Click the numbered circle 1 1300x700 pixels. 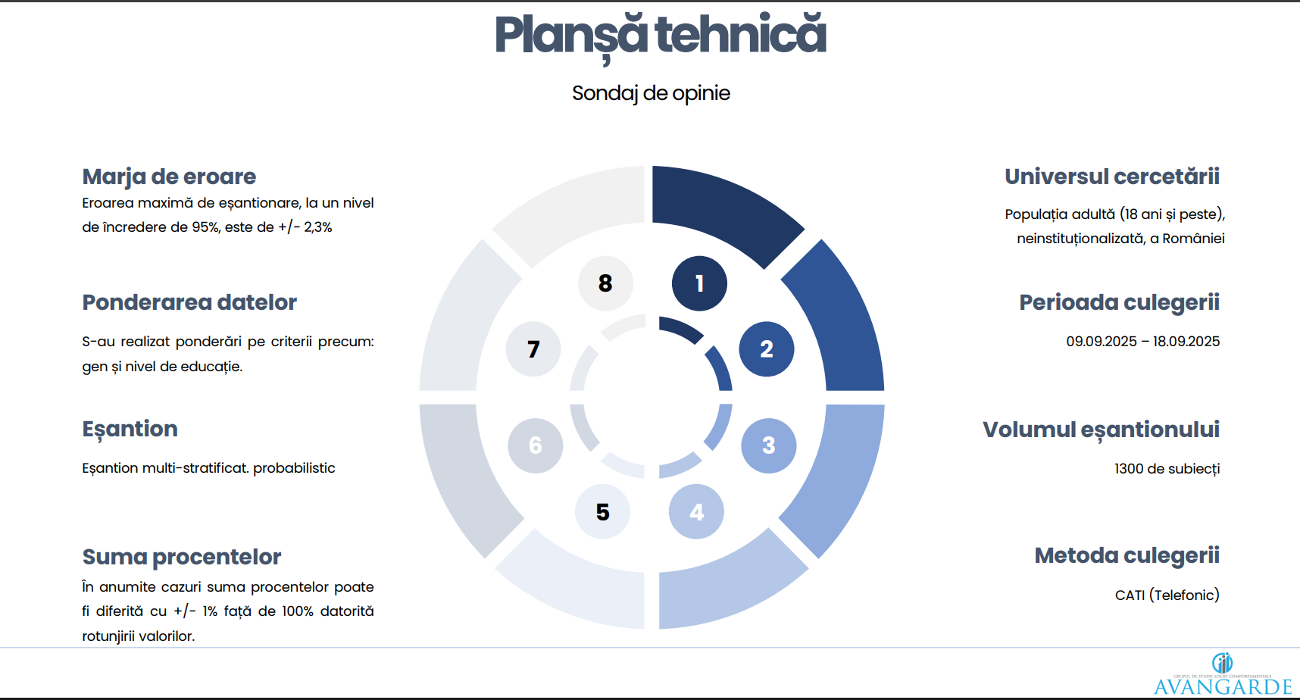pyautogui.click(x=699, y=283)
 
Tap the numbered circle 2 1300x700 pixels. pyautogui.click(x=767, y=349)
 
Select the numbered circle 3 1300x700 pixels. pyautogui.click(x=769, y=445)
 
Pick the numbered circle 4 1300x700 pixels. pyautogui.click(x=696, y=512)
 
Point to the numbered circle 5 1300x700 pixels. pyautogui.click(x=603, y=512)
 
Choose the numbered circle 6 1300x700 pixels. pyautogui.click(x=536, y=445)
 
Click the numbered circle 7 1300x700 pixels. pyautogui.click(x=533, y=349)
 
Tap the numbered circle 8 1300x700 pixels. pyautogui.click(x=605, y=283)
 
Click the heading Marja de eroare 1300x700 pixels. pyautogui.click(x=169, y=177)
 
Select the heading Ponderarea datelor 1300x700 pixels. pyautogui.click(x=189, y=302)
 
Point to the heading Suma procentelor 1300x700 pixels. pyautogui.click(x=182, y=557)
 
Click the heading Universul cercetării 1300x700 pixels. pyautogui.click(x=1112, y=177)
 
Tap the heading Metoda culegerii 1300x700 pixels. pyautogui.click(x=1127, y=555)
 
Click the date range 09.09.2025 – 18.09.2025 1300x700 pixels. pyautogui.click(x=1143, y=342)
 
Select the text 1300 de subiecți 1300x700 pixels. pyautogui.click(x=1167, y=469)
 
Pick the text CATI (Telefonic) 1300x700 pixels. pyautogui.click(x=1167, y=595)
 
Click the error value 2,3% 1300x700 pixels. pyautogui.click(x=318, y=227)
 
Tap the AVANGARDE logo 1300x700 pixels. pyautogui.click(x=1223, y=674)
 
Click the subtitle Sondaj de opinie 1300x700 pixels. pyautogui.click(x=652, y=93)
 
